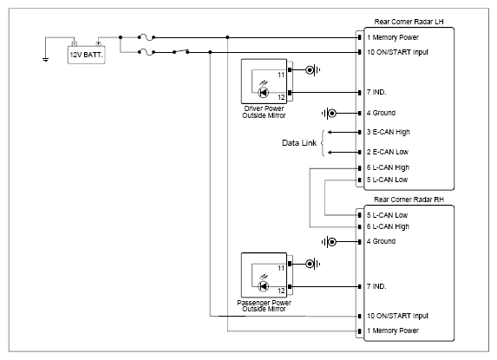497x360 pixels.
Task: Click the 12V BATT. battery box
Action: [x=86, y=55]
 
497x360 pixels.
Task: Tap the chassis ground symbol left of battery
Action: [x=46, y=59]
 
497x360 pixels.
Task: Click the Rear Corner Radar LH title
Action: [x=409, y=22]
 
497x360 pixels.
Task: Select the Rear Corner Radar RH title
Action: [x=409, y=200]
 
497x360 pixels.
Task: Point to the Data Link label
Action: [x=299, y=143]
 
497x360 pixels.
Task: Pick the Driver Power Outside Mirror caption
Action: [x=264, y=112]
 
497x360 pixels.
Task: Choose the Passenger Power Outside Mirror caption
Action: [x=264, y=305]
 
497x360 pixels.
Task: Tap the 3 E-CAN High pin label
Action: [x=388, y=132]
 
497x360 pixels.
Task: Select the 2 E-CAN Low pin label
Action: [x=388, y=152]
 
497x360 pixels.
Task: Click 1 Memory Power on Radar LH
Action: [x=393, y=37]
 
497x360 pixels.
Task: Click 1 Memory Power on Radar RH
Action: [x=393, y=331]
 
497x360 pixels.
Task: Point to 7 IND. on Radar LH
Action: [x=376, y=92]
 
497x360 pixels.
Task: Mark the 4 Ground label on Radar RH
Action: [x=381, y=241]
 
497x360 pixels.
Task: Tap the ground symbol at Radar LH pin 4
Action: [x=329, y=113]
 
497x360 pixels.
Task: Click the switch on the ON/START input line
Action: [x=180, y=51]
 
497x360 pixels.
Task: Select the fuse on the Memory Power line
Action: [x=147, y=37]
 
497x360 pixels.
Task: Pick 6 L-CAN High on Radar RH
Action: [x=388, y=226]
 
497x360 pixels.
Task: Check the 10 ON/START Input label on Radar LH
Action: [x=397, y=52]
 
